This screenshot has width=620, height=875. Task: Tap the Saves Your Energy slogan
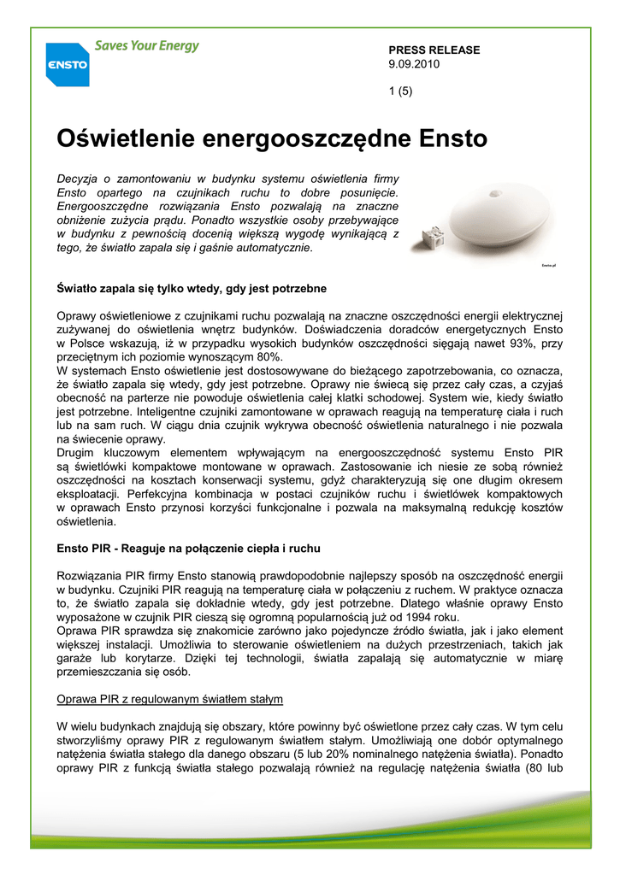[146, 46]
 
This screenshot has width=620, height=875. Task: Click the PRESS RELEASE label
[434, 50]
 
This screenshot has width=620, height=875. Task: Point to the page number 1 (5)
[400, 91]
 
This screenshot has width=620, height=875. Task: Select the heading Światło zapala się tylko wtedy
[191, 289]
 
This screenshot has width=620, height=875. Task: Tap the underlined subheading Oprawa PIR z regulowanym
[169, 700]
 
